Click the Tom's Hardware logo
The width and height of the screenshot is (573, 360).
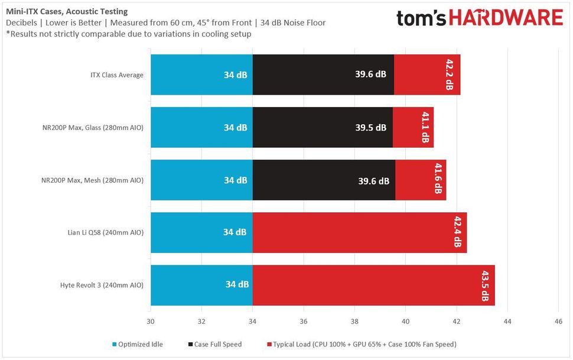(479, 18)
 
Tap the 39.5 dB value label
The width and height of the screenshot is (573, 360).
(371, 128)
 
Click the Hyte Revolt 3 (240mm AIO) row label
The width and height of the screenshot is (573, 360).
(102, 286)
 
